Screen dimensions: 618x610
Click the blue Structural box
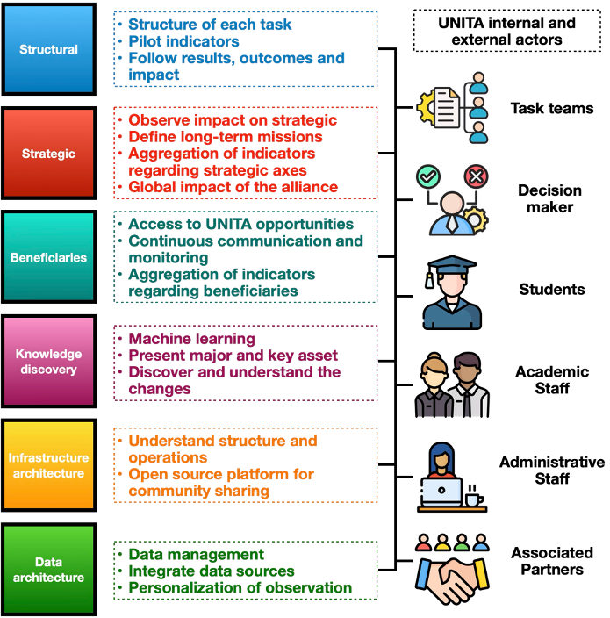pyautogui.click(x=48, y=49)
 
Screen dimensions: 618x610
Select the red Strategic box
pyautogui.click(x=48, y=153)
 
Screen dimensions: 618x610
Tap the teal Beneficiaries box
pyautogui.click(x=48, y=257)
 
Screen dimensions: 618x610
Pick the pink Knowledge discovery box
pyautogui.click(x=48, y=361)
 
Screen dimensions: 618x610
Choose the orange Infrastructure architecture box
pyautogui.click(x=48, y=465)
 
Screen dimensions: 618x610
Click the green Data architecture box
pyautogui.click(x=48, y=569)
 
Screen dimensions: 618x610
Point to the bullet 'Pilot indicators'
pyautogui.click(x=183, y=41)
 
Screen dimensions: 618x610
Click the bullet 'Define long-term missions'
pyautogui.click(x=225, y=136)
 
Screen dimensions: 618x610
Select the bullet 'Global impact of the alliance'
pyautogui.click(x=233, y=187)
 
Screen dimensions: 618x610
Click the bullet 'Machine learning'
pyautogui.click(x=191, y=339)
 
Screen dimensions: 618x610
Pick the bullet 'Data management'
pyautogui.click(x=196, y=555)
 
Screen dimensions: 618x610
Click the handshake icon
pyautogui.click(x=451, y=579)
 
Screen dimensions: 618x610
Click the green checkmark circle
pyautogui.click(x=427, y=176)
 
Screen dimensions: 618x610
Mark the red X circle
pyautogui.click(x=476, y=176)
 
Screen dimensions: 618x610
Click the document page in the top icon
pyautogui.click(x=447, y=109)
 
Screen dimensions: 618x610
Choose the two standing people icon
pyautogui.click(x=451, y=386)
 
